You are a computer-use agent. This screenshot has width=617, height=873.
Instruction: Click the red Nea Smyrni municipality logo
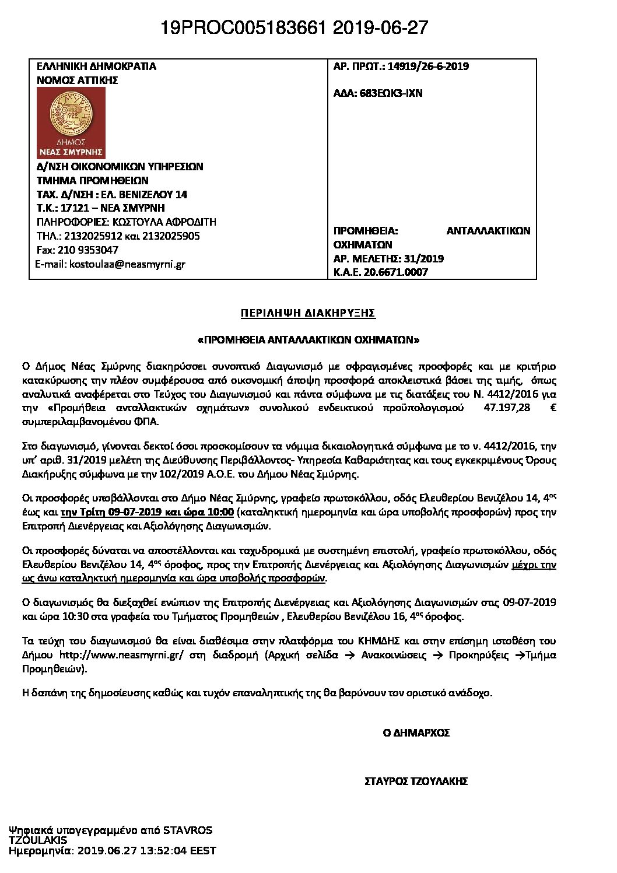coord(71,123)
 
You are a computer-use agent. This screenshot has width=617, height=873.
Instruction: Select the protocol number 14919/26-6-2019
coord(425,66)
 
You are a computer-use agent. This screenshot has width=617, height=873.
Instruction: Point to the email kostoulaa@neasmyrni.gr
coord(127,264)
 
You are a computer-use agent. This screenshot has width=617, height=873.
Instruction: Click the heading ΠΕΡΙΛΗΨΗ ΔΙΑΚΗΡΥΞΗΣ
coord(308,313)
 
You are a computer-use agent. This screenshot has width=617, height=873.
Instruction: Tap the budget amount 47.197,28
coord(507,408)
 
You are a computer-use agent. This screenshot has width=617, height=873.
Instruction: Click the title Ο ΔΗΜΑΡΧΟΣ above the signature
coord(416,732)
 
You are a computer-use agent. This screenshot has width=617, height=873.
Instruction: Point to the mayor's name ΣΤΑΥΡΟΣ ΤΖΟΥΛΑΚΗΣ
coord(415,781)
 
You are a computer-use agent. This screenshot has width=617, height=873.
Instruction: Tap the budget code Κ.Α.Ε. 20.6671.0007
coord(380,272)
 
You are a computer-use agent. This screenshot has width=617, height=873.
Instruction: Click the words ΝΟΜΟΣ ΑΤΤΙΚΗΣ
coord(78,80)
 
